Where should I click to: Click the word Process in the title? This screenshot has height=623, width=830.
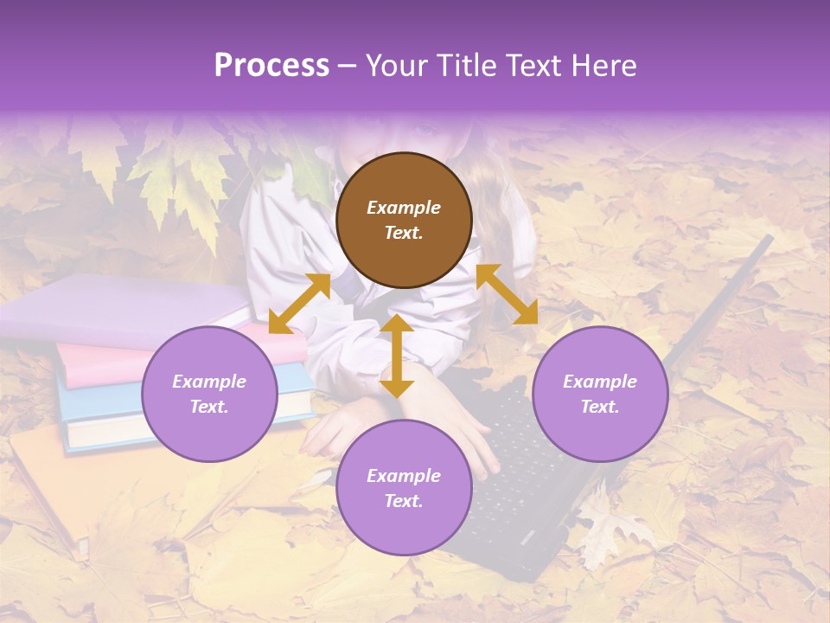tap(271, 66)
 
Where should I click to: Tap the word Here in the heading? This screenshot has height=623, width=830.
tap(603, 66)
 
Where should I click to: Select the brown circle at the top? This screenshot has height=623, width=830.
tap(404, 220)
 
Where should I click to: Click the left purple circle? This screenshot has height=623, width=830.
tap(209, 394)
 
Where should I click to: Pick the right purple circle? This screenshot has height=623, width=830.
tap(600, 394)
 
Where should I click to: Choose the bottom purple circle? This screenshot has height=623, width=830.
tap(404, 488)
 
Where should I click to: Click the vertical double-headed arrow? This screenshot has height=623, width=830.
tap(397, 356)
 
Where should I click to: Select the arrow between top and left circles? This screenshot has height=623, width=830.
tap(299, 304)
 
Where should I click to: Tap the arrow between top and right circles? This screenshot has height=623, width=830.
tap(507, 294)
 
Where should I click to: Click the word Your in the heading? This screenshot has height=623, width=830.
tap(399, 66)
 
